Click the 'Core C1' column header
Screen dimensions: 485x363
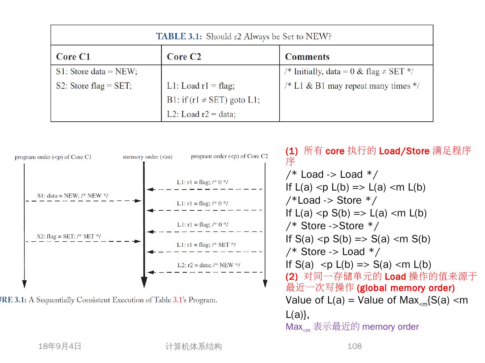(x=73, y=56)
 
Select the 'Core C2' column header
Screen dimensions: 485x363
(x=184, y=56)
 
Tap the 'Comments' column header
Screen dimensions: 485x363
(x=307, y=56)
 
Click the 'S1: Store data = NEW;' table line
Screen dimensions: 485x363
(x=97, y=72)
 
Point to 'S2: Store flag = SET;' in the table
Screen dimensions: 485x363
(x=94, y=86)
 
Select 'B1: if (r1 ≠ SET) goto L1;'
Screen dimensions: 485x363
(x=213, y=100)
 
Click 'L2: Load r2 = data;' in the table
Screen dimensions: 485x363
(x=201, y=114)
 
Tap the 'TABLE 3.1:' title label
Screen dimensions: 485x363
(x=179, y=36)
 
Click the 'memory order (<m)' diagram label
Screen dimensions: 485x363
(x=148, y=157)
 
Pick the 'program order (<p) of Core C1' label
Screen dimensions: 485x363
(x=53, y=157)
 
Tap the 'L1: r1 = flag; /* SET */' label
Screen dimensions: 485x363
(x=206, y=245)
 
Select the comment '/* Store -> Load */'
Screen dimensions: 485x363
(x=332, y=252)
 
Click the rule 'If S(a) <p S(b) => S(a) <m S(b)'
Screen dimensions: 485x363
(x=358, y=239)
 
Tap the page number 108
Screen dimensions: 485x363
(x=354, y=346)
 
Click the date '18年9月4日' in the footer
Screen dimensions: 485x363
(x=60, y=346)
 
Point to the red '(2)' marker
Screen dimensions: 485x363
(x=292, y=277)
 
